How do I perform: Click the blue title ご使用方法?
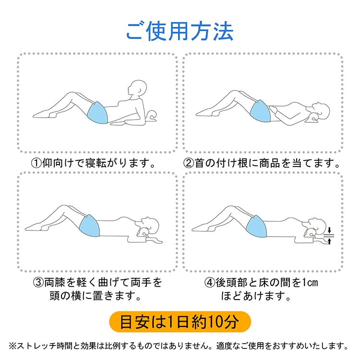click(180, 31)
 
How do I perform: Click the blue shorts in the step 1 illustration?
click(98, 112)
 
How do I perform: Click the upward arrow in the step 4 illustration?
click(330, 241)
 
